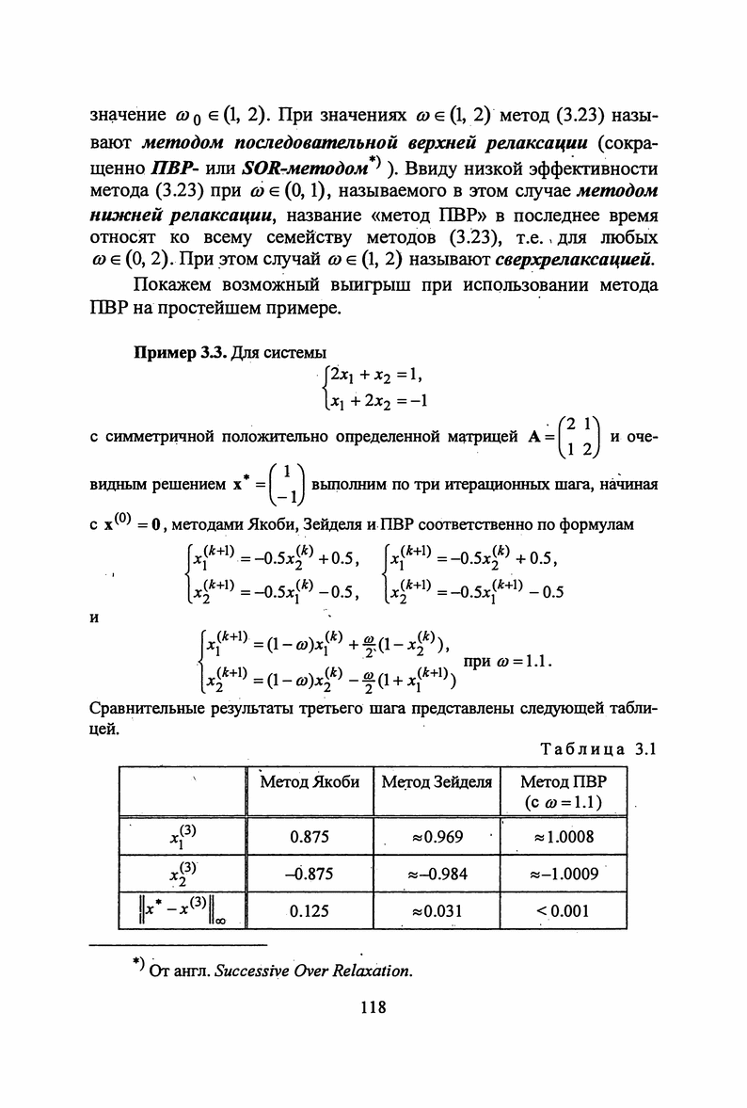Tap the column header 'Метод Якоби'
tap(309, 781)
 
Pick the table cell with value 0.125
tap(309, 910)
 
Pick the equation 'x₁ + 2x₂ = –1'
tap(374, 402)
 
